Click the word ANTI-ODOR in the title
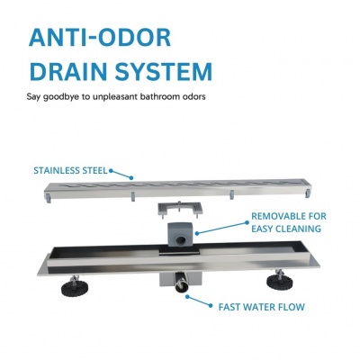pyautogui.click(x=100, y=38)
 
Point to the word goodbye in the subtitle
pyautogui.click(x=62, y=97)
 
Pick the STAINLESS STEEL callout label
pyautogui.click(x=70, y=171)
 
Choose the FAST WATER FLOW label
pyautogui.click(x=261, y=307)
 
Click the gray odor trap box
pyautogui.click(x=180, y=235)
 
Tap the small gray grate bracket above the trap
pyautogui.click(x=180, y=209)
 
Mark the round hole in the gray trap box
pyautogui.click(x=181, y=240)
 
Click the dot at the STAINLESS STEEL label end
pyautogui.click(x=111, y=171)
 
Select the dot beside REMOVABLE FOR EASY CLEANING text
pyautogui.click(x=247, y=222)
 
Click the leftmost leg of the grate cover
pyautogui.click(x=49, y=197)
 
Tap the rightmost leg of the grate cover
pyautogui.click(x=308, y=193)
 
